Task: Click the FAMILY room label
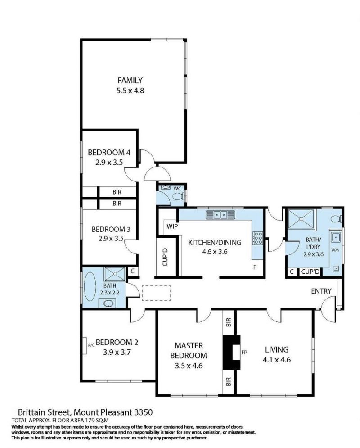[x=130, y=80]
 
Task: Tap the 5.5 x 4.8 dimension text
[x=130, y=91]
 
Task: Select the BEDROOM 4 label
[x=109, y=152]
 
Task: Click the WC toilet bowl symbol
[x=178, y=196]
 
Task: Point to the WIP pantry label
[x=172, y=226]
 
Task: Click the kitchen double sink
[x=220, y=215]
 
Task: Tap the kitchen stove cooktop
[x=258, y=238]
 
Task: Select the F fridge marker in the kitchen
[x=255, y=267]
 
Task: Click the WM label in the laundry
[x=335, y=250]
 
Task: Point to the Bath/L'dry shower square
[x=301, y=219]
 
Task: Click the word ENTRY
[x=321, y=291]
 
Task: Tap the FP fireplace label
[x=244, y=352]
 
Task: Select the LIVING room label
[x=277, y=349]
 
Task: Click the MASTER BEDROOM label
[x=189, y=351]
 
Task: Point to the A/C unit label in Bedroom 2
[x=91, y=345]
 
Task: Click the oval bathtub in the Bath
[x=90, y=286]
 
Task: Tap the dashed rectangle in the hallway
[x=156, y=293]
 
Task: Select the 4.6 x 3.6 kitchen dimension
[x=215, y=252]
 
